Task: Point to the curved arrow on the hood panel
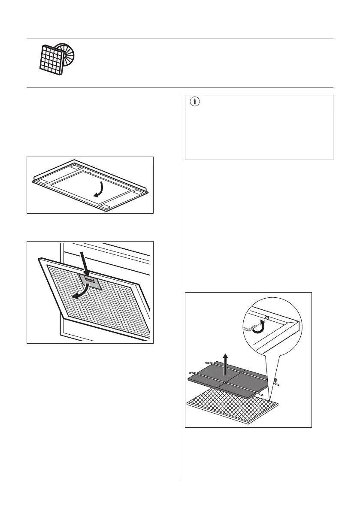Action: (x=100, y=190)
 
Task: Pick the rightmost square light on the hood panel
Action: (x=137, y=194)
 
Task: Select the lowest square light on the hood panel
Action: (x=105, y=208)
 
